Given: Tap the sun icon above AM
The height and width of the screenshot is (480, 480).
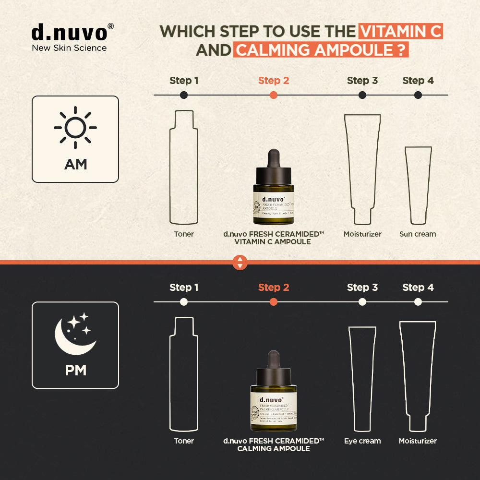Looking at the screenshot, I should (x=75, y=128).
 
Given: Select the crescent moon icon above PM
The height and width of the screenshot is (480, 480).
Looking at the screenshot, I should (x=75, y=333).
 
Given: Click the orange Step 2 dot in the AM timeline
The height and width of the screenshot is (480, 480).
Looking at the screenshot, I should (x=274, y=95).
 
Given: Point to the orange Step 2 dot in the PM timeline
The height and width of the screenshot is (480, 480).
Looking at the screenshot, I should (x=274, y=302).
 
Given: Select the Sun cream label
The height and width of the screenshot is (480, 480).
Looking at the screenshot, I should (x=418, y=234).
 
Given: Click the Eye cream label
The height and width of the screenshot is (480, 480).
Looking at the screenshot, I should (x=362, y=441).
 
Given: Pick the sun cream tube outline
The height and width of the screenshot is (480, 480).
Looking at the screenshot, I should (x=418, y=185).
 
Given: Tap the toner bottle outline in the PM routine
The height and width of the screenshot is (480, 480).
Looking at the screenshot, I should (x=184, y=374).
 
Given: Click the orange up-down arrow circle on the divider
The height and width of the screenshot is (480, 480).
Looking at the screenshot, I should (x=240, y=263).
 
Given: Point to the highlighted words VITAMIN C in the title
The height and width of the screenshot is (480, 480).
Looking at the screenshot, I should (x=400, y=32).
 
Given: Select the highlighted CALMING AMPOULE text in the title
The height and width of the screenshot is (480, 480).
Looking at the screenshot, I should (x=321, y=50).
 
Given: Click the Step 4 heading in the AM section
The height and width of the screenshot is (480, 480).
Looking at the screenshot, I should (x=418, y=81).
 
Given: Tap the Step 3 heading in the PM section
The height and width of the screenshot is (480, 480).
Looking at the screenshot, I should (x=362, y=288).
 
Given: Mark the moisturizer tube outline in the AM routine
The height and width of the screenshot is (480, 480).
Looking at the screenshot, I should (x=362, y=168).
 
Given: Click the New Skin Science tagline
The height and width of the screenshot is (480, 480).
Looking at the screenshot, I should (x=69, y=48).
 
